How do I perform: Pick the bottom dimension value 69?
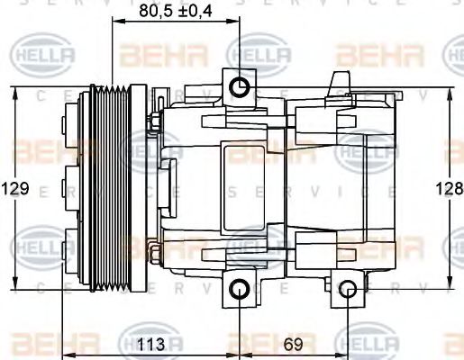pos(293,343)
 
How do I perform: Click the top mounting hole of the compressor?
pos(240,87)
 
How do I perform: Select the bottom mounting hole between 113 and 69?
pos(240,289)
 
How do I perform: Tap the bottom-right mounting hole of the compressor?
pos(350,289)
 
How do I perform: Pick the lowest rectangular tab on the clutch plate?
pos(70,244)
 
